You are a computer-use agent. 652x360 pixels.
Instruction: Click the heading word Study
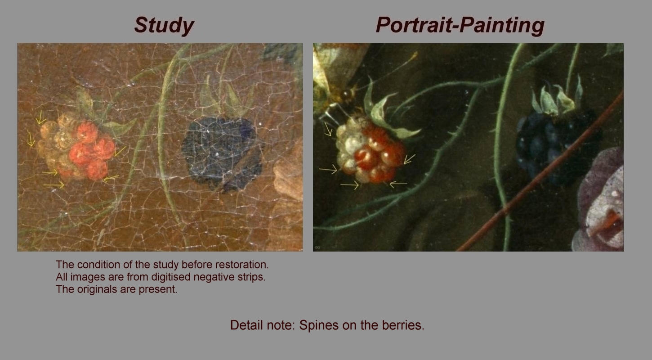point(164,25)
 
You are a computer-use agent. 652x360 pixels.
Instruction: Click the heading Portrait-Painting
point(460,25)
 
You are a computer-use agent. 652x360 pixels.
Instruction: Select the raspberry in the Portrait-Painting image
point(370,152)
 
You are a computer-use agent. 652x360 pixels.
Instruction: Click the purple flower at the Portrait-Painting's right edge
point(599,201)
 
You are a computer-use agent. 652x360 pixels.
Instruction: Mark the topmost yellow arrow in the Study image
point(40,117)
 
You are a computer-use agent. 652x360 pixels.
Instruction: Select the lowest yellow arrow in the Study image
point(54,184)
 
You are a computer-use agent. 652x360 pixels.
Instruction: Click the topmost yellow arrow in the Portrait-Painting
point(328,129)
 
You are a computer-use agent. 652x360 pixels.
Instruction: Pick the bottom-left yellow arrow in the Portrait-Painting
point(349,184)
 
